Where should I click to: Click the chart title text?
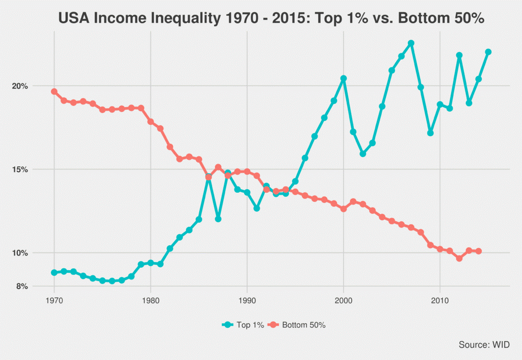(271, 18)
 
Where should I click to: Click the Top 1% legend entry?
(243, 325)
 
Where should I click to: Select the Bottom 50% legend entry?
(297, 325)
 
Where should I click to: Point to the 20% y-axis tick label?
(20, 86)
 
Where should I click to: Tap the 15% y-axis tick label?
(20, 169)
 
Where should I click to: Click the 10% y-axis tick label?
(20, 253)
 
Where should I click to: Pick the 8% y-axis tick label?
(22, 287)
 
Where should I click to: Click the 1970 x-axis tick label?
(54, 301)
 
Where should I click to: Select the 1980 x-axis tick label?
(150, 301)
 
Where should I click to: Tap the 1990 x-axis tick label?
(247, 301)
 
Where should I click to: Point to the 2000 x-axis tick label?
(344, 301)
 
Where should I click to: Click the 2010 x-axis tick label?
(440, 301)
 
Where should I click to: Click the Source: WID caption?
(484, 345)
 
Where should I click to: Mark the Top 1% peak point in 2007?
(411, 43)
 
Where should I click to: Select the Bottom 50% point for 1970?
(54, 92)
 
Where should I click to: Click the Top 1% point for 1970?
(54, 272)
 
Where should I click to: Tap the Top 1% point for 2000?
(344, 78)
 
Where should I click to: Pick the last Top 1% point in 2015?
(488, 52)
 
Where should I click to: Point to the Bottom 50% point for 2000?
(344, 209)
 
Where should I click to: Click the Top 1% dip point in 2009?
(430, 133)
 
